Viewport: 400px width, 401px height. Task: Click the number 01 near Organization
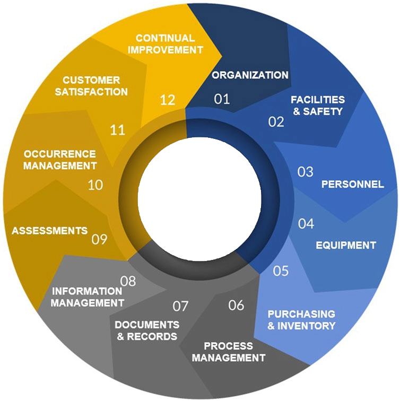coord(222,99)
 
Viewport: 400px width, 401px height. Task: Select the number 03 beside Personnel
coord(305,172)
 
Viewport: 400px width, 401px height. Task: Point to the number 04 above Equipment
coord(306,224)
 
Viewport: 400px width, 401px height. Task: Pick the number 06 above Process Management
coord(236,305)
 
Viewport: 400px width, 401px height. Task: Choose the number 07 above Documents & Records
coord(181,306)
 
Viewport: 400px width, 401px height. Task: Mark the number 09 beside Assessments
coord(99,239)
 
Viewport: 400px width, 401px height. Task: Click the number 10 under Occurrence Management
coord(95,185)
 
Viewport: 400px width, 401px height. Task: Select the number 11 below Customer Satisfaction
coord(117,129)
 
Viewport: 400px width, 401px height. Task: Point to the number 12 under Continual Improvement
coord(167,100)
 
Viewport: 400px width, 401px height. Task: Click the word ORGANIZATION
coord(250,75)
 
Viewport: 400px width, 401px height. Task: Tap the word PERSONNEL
coord(352,185)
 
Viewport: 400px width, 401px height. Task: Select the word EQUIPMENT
coord(346,245)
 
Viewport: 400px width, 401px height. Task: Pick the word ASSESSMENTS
coord(49,231)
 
